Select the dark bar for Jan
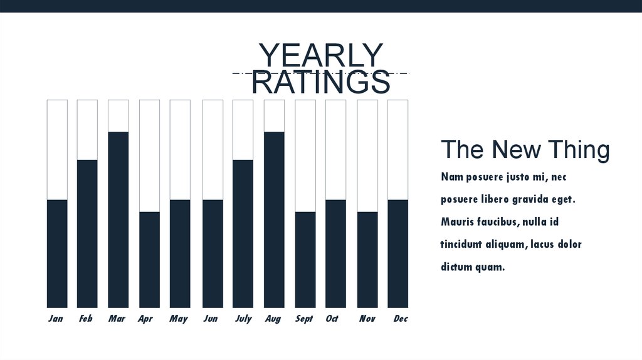[57, 253]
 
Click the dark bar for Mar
[118, 220]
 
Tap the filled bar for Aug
[274, 220]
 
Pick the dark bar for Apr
[149, 260]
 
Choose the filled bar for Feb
[87, 233]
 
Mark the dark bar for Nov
[367, 260]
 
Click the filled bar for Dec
[397, 253]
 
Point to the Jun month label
[211, 319]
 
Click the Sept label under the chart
[304, 319]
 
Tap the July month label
[243, 319]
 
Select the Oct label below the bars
[332, 319]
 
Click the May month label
[179, 319]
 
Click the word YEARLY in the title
[320, 56]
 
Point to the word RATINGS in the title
[320, 83]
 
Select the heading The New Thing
[525, 151]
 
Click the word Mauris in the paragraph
[458, 222]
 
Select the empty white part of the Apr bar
[149, 156]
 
